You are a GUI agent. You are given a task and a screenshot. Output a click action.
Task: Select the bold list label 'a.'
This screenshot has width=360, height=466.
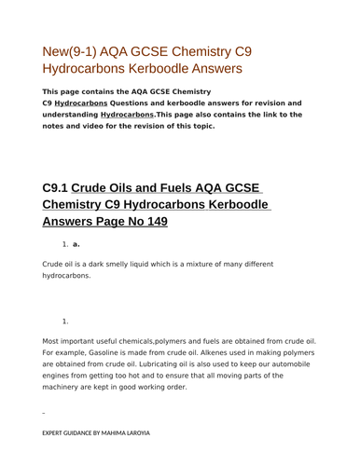[76, 244]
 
